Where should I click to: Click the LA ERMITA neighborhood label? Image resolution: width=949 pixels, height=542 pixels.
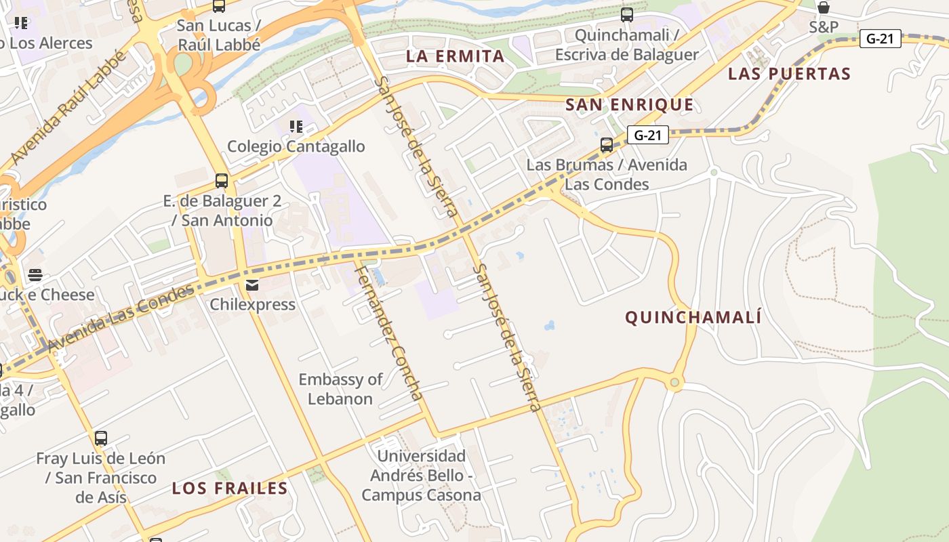click(456, 56)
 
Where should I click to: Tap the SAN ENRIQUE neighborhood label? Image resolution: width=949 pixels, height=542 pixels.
click(630, 105)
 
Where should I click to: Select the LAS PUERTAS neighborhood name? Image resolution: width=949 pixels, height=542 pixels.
click(789, 74)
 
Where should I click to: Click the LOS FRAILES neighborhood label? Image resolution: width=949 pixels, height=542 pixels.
click(230, 488)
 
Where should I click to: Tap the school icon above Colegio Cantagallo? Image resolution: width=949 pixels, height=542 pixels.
click(296, 127)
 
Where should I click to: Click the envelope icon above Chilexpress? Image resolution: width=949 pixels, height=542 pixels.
click(252, 285)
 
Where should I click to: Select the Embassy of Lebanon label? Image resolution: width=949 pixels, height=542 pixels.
click(340, 389)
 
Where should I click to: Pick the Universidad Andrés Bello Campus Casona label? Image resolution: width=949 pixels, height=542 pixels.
click(421, 476)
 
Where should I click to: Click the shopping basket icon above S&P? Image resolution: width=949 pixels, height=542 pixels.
click(824, 8)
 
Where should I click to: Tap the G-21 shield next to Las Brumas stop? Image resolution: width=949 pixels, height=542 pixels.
click(647, 135)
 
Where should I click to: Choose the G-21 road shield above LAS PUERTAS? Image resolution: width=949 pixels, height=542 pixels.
click(880, 39)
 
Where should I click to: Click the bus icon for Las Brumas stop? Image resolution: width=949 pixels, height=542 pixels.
click(607, 144)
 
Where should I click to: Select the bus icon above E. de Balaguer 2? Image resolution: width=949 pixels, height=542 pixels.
click(222, 181)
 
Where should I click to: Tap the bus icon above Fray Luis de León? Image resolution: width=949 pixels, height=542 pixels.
click(101, 438)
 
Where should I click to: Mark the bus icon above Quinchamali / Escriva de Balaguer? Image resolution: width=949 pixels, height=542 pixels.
click(627, 14)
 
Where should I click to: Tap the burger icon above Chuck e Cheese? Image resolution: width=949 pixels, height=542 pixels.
click(35, 275)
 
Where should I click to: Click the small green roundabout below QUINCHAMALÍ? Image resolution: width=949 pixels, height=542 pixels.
click(674, 383)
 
